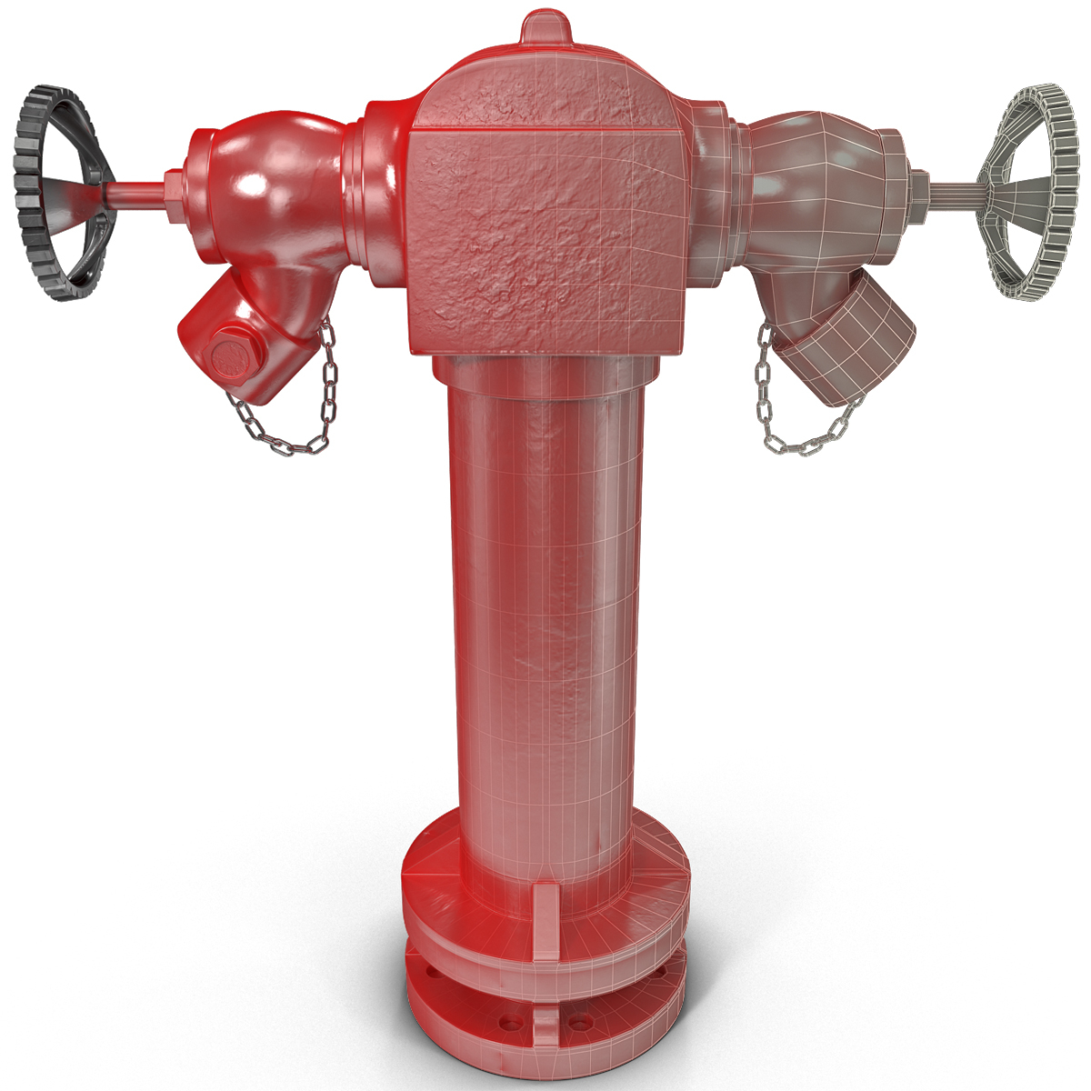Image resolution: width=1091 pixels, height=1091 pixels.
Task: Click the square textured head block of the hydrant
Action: point(545,227)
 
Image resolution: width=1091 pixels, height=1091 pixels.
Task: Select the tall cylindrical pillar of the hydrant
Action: point(545,618)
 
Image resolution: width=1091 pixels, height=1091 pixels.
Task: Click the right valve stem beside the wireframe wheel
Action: point(950,194)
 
